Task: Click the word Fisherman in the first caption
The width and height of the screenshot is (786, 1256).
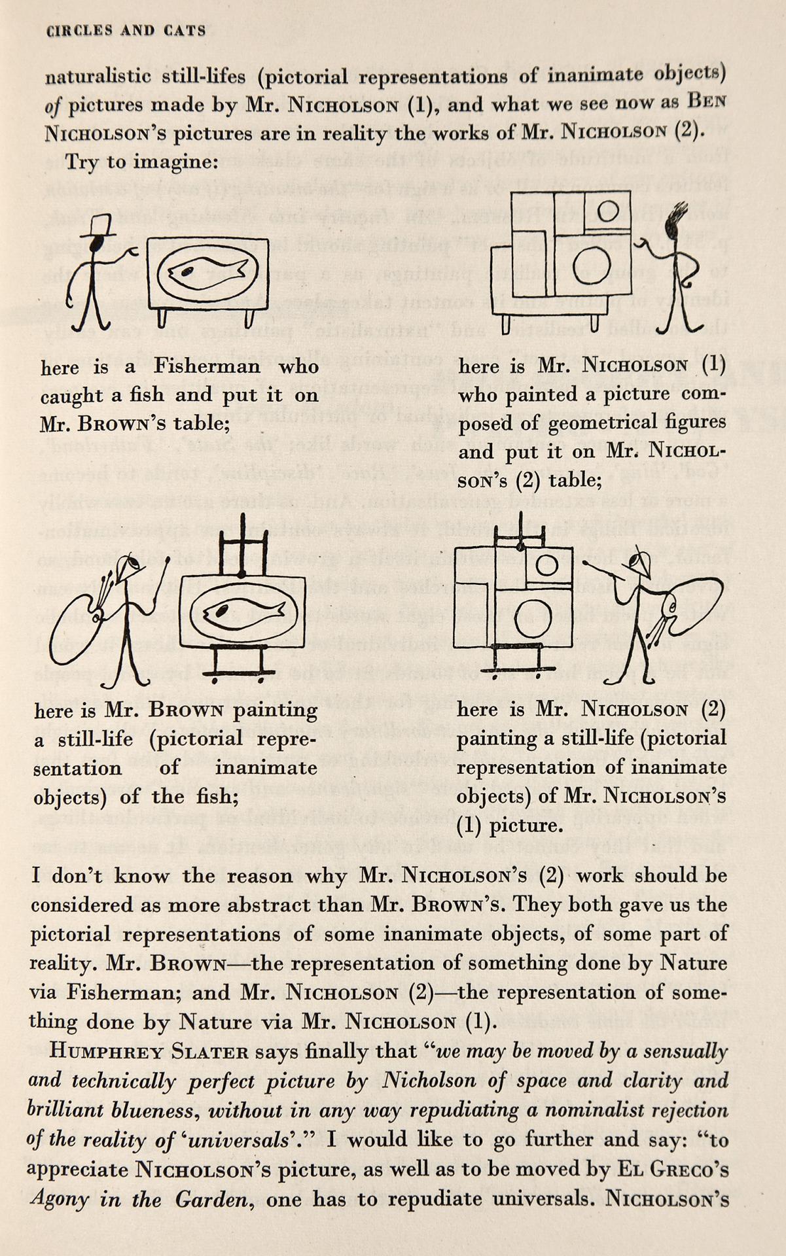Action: (207, 366)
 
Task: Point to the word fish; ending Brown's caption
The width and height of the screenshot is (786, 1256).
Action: (211, 796)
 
